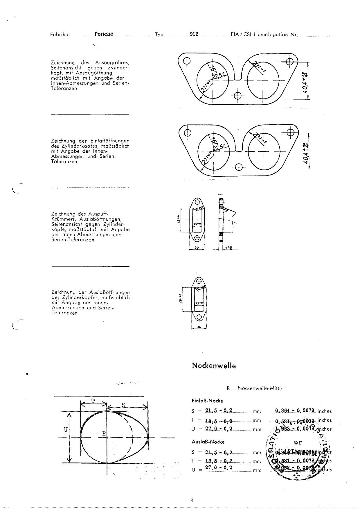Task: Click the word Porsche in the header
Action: click(104, 34)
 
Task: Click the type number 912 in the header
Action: click(194, 34)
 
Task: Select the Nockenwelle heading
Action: click(214, 366)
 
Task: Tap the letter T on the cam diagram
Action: click(93, 401)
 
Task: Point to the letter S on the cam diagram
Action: click(123, 405)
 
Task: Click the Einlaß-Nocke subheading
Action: click(207, 401)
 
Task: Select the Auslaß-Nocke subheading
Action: click(208, 442)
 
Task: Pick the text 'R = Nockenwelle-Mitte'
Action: click(254, 388)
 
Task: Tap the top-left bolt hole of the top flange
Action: click(186, 61)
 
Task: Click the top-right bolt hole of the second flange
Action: click(290, 132)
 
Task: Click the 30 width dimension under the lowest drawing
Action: click(199, 327)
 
